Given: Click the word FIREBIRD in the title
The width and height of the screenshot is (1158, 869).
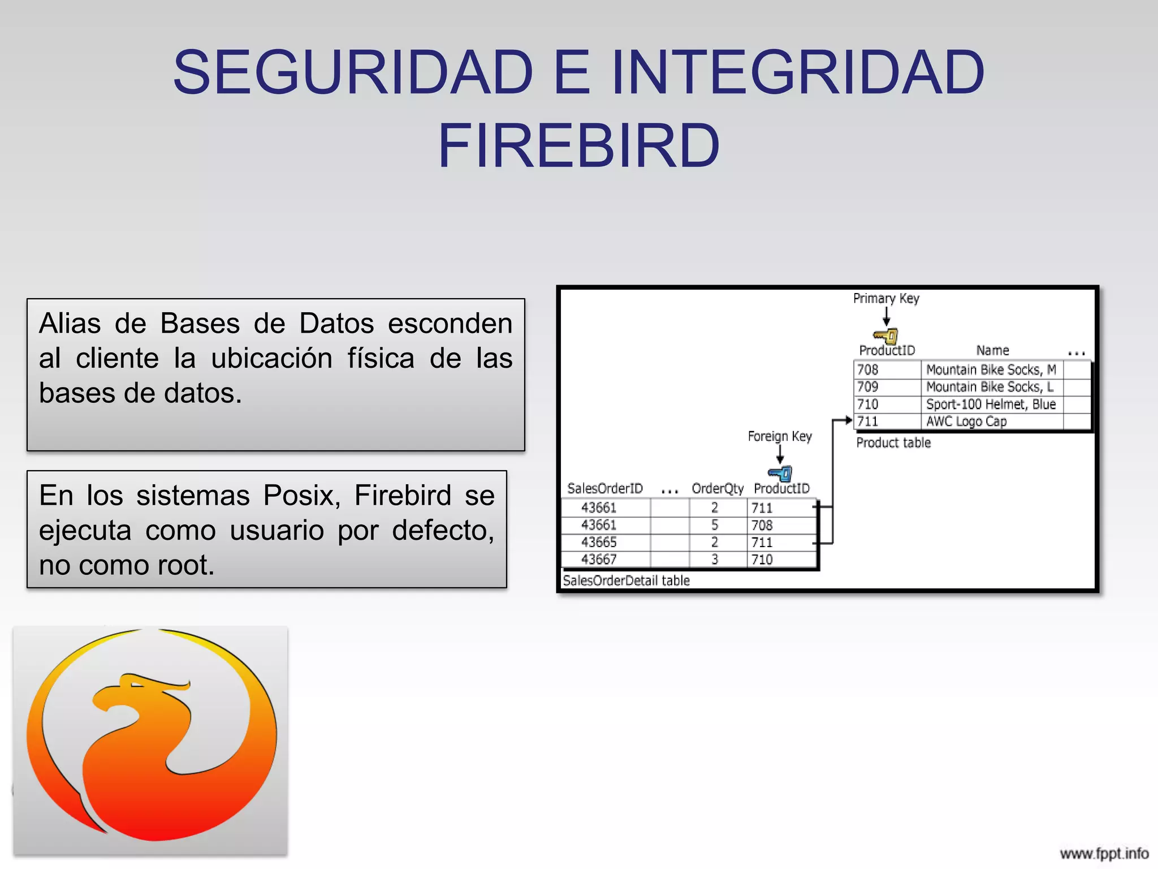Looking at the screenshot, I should point(579,146).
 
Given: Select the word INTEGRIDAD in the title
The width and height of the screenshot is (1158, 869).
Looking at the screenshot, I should point(798,72).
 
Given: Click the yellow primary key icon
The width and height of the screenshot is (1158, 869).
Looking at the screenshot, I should point(886,336).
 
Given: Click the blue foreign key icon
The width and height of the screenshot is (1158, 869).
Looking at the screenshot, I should point(780,474).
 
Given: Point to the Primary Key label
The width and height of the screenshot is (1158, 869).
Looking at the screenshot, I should point(886,298).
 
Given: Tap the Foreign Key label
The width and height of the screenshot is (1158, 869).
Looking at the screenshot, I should point(780,436).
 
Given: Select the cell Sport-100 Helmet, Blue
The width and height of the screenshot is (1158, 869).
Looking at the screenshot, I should point(991,404).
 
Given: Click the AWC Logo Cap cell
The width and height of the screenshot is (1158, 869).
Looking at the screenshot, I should point(966,421).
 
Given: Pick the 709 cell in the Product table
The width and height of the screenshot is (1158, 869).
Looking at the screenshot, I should point(868,387).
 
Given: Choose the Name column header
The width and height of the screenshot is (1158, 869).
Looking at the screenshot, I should point(992,351).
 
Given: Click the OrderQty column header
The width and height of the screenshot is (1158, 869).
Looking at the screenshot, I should point(718,489).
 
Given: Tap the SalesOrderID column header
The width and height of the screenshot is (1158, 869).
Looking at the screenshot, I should point(605,488).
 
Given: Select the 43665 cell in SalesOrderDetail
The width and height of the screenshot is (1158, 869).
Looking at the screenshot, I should point(599,542).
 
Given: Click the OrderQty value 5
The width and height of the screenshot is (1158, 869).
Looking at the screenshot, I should point(715,525).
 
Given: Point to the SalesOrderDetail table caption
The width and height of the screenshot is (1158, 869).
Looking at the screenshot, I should point(626,580).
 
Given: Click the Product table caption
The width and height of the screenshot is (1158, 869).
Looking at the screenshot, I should point(893,443).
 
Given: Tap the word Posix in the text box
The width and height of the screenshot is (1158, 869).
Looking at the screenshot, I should point(302,496).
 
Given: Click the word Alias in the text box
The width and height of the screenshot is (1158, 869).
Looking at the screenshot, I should point(70,324).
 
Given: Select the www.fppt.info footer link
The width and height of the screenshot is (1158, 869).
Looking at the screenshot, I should point(1104,853).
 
